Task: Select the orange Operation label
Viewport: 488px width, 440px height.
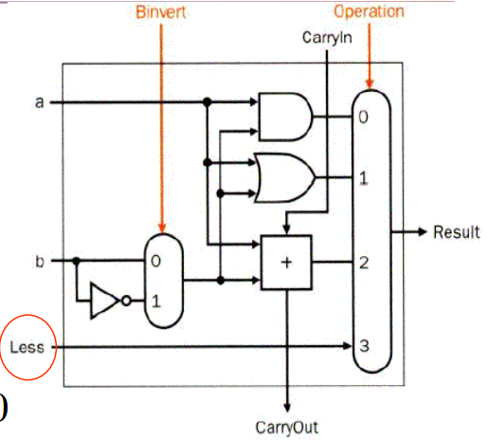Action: coord(368,12)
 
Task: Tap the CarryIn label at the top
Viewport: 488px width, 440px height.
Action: coord(326,38)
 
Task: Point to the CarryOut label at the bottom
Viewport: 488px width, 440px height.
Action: coord(286,425)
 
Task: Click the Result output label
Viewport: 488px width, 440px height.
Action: coord(456,232)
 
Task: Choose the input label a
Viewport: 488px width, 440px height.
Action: coord(39,101)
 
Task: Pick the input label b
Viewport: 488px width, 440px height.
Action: coord(39,259)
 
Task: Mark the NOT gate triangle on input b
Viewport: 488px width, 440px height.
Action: coord(103,301)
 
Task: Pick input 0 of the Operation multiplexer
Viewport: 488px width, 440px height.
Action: coord(363,119)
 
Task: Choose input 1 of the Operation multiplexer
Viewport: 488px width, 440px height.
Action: coord(363,177)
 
